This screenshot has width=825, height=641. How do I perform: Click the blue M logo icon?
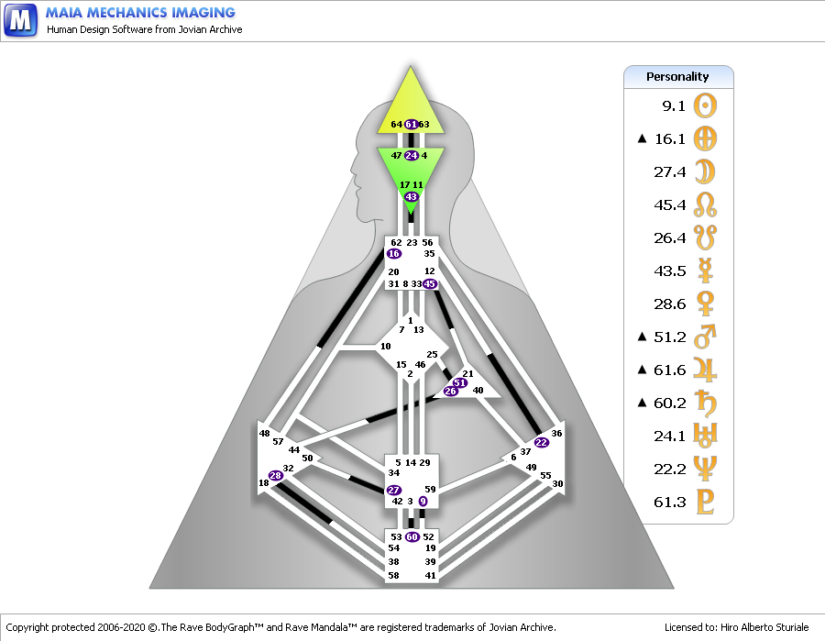(20, 20)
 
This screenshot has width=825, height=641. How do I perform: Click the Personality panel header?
(678, 77)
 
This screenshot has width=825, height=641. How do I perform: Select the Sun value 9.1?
(674, 106)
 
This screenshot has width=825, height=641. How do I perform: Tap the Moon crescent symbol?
(705, 171)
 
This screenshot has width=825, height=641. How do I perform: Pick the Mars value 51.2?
(670, 337)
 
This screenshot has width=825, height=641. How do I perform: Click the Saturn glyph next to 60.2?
(705, 403)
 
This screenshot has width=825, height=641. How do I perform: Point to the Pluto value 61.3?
(670, 502)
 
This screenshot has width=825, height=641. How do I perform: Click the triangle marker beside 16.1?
(642, 138)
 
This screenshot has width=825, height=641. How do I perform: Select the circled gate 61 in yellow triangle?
(412, 124)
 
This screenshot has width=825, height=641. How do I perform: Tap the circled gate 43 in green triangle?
(411, 196)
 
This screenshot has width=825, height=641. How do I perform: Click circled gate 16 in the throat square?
(393, 254)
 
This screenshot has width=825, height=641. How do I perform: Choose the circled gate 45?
(430, 284)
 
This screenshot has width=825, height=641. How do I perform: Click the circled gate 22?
(542, 443)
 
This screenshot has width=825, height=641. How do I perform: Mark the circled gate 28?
(276, 476)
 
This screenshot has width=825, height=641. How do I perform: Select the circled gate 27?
(393, 490)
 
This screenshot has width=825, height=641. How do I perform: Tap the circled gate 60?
(412, 536)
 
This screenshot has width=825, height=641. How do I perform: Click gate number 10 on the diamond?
(386, 347)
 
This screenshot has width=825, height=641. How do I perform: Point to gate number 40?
(478, 391)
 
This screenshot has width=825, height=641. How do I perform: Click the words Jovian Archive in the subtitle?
(210, 29)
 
